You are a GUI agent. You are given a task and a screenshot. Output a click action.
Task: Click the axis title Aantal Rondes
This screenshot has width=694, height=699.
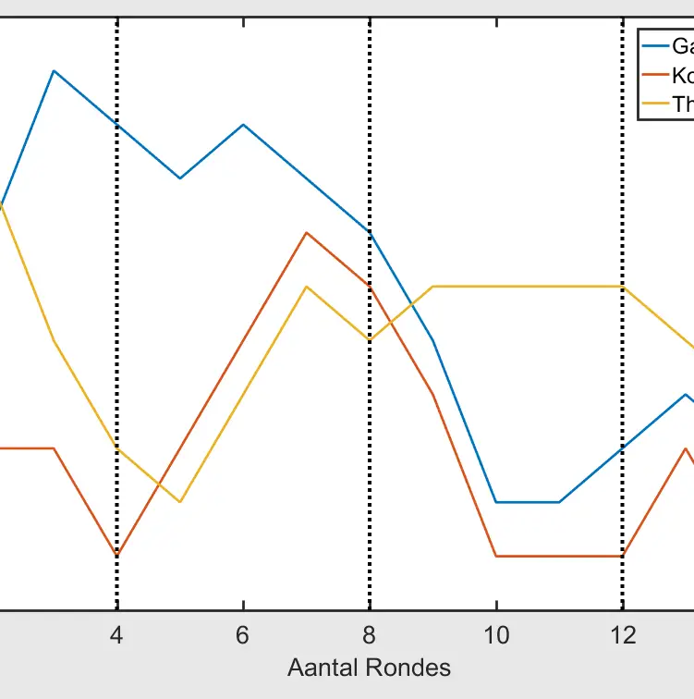[369, 667]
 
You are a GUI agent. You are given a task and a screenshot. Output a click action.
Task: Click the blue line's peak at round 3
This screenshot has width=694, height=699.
[55, 70]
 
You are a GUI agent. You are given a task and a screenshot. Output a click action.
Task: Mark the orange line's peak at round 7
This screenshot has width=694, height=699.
[306, 233]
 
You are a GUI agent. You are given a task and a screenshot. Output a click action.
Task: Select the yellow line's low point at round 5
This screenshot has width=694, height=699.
[180, 502]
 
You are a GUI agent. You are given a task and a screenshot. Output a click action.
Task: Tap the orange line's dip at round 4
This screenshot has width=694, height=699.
[117, 556]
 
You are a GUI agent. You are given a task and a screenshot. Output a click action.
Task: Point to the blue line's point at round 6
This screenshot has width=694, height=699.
[243, 124]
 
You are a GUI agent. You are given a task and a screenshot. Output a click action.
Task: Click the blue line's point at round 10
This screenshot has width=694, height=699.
[496, 502]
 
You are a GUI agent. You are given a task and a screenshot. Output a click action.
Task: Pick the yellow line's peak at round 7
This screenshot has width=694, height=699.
[306, 287]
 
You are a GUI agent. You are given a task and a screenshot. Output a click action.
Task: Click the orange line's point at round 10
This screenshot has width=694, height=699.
[496, 556]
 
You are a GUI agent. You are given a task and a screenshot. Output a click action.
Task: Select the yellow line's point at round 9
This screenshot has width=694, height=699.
[432, 287]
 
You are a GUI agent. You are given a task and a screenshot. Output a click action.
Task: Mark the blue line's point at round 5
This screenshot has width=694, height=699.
[180, 178]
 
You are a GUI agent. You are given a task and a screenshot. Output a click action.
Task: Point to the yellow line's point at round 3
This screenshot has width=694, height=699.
[55, 341]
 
